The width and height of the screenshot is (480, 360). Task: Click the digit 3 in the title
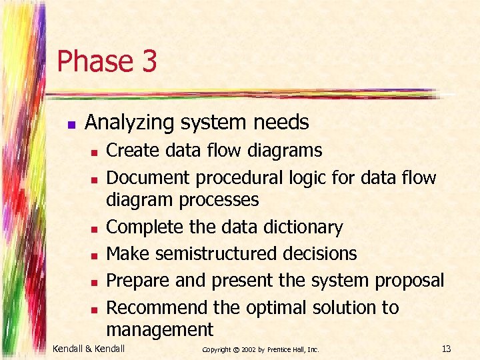(149, 61)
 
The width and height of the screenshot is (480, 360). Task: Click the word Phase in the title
(94, 61)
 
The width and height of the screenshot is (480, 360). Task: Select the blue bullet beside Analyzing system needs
(71, 124)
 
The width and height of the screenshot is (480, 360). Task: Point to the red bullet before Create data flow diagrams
(95, 153)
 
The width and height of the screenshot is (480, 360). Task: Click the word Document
(147, 177)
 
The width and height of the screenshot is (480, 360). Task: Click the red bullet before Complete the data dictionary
(95, 229)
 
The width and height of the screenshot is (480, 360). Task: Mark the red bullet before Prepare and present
(95, 282)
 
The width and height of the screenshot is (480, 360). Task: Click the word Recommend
(157, 307)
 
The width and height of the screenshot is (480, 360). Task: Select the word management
(160, 329)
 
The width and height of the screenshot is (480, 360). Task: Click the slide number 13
(446, 349)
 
